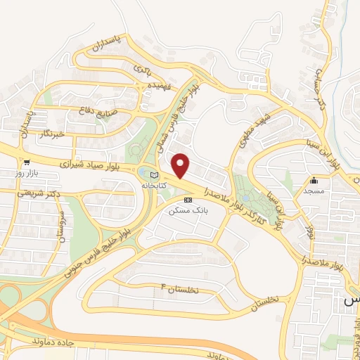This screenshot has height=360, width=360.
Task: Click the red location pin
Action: coord(181,166)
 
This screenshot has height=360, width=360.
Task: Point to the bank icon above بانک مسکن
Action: coord(187,200)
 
